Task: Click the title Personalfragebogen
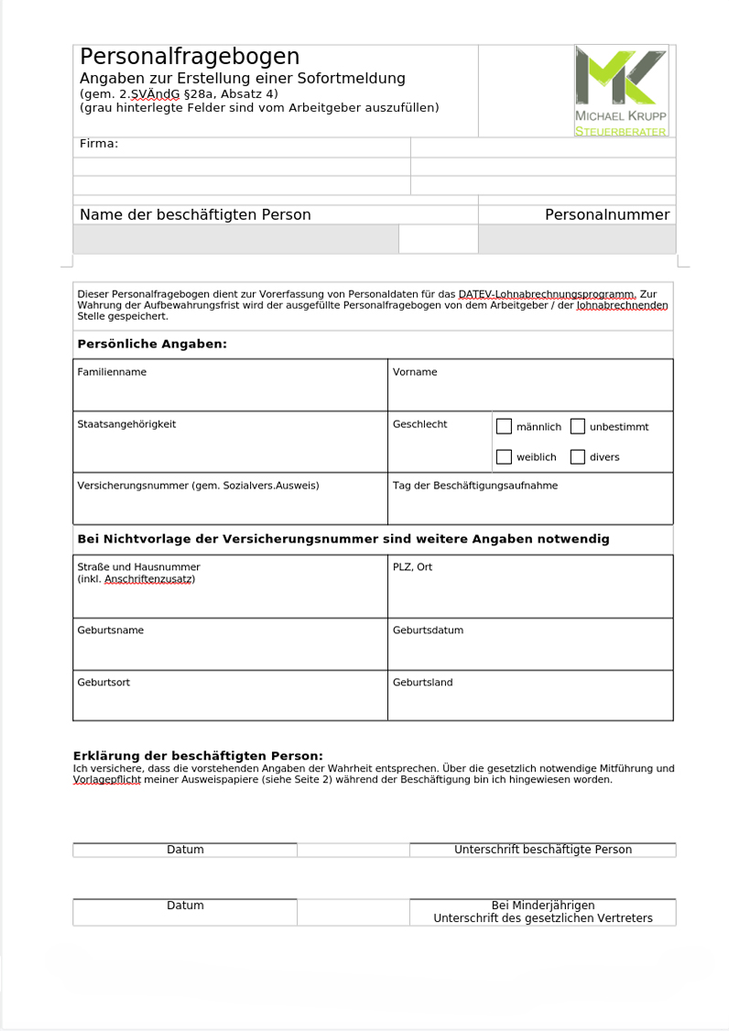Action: click(190, 57)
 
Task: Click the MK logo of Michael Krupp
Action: click(621, 77)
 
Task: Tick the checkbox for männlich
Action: click(504, 426)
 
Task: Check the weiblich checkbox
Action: click(504, 456)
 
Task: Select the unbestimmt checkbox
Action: click(577, 426)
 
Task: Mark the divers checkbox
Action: click(577, 456)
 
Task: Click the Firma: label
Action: click(99, 144)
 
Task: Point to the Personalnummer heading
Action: click(607, 214)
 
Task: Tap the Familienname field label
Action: click(112, 372)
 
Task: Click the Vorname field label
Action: click(415, 372)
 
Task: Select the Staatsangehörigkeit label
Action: click(126, 424)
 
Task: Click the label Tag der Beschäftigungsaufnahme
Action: click(474, 486)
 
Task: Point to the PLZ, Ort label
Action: click(412, 567)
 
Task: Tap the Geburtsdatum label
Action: click(428, 631)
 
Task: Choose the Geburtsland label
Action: click(422, 683)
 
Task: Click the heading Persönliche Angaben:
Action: click(151, 345)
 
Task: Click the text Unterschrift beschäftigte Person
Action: click(543, 850)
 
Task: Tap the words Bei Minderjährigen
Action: click(543, 905)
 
